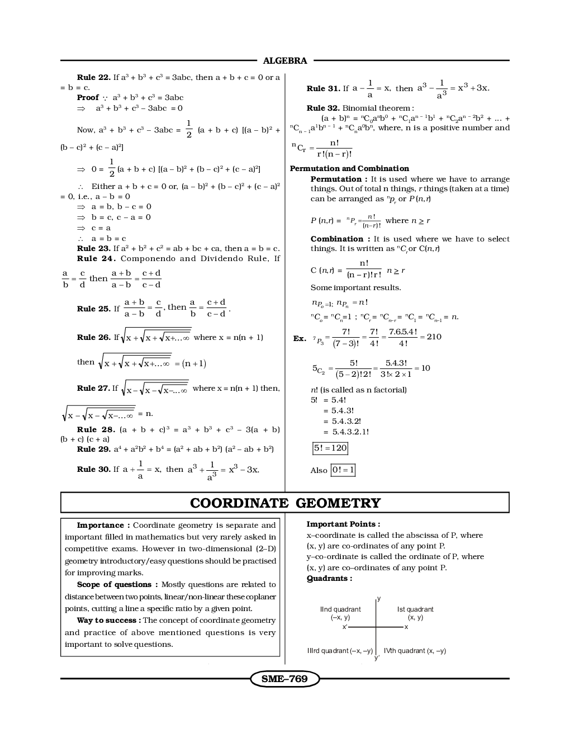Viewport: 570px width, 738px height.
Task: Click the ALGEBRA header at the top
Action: pyautogui.click(x=285, y=61)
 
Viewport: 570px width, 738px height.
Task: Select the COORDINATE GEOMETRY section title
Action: pyautogui.click(x=285, y=503)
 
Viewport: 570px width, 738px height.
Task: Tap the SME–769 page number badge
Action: pyautogui.click(x=284, y=679)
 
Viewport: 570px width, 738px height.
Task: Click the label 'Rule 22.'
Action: pyautogui.click(x=93, y=77)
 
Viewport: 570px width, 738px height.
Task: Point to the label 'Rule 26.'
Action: pyautogui.click(x=93, y=337)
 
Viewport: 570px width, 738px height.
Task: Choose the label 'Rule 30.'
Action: pyautogui.click(x=93, y=469)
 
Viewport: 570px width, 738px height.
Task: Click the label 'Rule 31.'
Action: pyautogui.click(x=323, y=88)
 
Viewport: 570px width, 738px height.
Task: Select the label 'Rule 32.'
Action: pyautogui.click(x=323, y=108)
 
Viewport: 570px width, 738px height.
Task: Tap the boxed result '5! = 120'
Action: pyautogui.click(x=330, y=448)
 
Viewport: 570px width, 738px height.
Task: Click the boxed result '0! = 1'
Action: pyautogui.click(x=343, y=470)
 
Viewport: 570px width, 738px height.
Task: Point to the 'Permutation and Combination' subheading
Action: pyautogui.click(x=349, y=168)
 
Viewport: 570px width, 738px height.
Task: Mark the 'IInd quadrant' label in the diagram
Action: pyautogui.click(x=340, y=609)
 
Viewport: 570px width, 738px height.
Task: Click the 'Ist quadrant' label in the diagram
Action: pyautogui.click(x=415, y=609)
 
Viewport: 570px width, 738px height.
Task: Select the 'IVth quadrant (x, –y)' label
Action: pyautogui.click(x=415, y=651)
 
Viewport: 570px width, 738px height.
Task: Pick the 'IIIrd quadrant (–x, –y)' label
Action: pyautogui.click(x=340, y=651)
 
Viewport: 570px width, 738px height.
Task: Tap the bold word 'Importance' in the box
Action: pyautogui.click(x=100, y=525)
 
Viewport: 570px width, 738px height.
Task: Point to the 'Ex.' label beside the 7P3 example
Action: pyautogui.click(x=300, y=339)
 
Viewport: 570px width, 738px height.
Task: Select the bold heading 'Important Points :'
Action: pyautogui.click(x=343, y=524)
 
